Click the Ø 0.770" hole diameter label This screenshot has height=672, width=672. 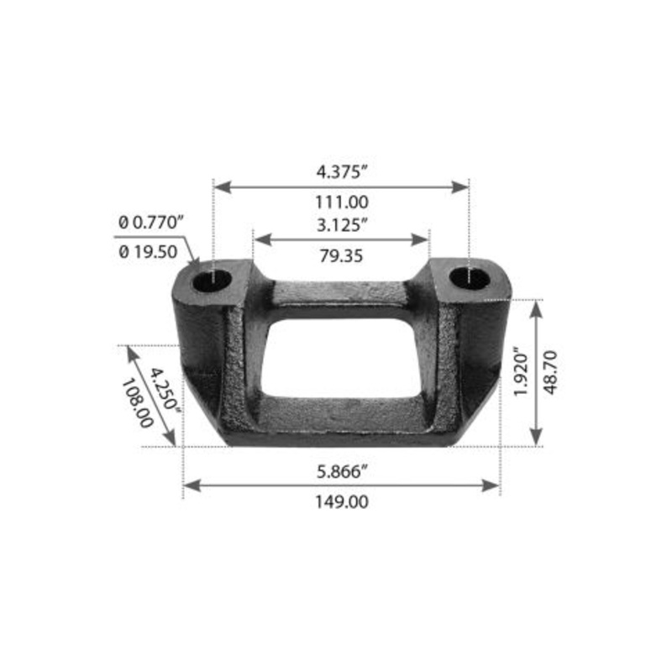[150, 222]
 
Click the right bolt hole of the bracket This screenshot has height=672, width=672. [468, 277]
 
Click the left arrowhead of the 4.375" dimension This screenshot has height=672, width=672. [221, 186]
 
